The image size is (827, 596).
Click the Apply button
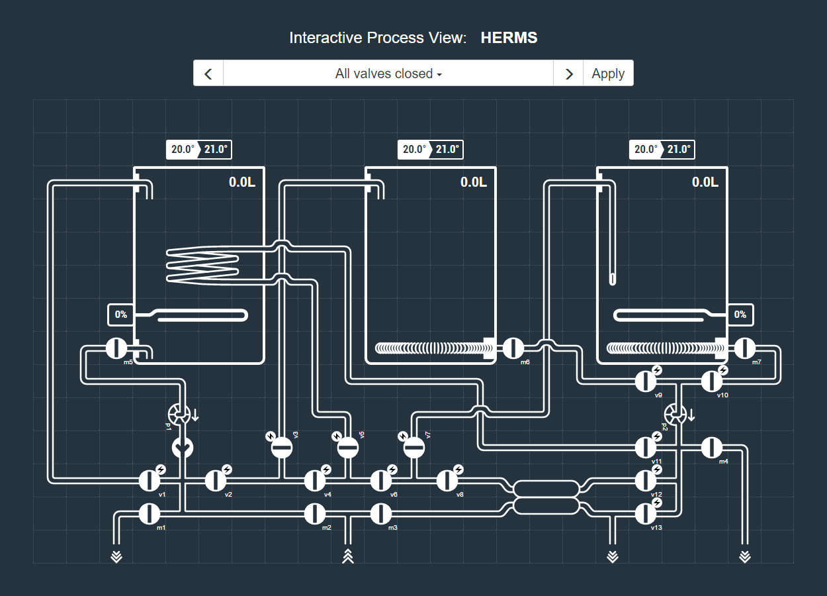click(608, 74)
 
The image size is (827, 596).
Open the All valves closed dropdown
click(388, 74)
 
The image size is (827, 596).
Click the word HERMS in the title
click(509, 38)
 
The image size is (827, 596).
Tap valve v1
click(150, 480)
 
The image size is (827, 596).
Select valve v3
click(282, 448)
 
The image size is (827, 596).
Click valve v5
click(348, 448)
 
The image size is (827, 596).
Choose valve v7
click(414, 448)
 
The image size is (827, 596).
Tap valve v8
click(447, 480)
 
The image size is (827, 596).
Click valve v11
click(646, 448)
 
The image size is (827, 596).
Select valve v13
click(646, 513)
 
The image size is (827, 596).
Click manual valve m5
click(116, 348)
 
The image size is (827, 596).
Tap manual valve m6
click(513, 348)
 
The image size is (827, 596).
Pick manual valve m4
click(712, 448)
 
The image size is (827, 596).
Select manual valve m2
click(315, 513)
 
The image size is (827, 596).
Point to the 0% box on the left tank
click(121, 315)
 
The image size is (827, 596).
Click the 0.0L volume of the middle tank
click(474, 182)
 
